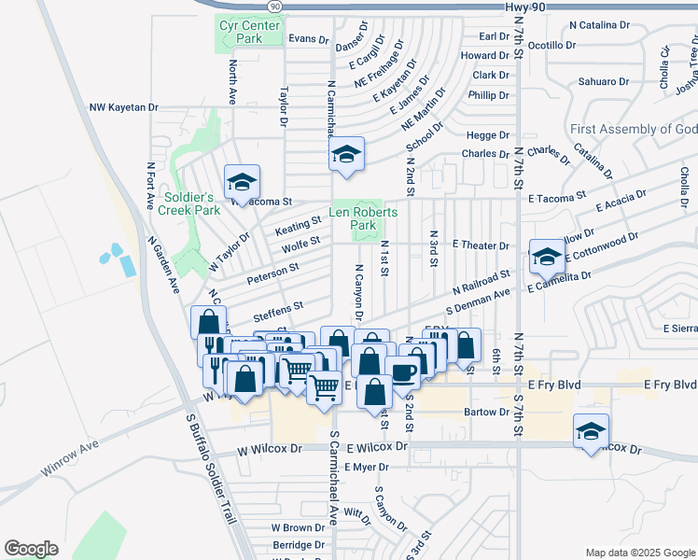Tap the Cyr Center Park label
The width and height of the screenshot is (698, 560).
pyautogui.click(x=249, y=33)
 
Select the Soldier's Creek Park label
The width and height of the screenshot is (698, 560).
pyautogui.click(x=189, y=203)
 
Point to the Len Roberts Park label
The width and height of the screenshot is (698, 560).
pyautogui.click(x=364, y=219)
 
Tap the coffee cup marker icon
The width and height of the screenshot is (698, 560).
pyautogui.click(x=402, y=373)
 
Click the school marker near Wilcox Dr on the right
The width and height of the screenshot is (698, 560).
pyautogui.click(x=590, y=432)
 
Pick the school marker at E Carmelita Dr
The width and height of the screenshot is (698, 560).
pyautogui.click(x=546, y=257)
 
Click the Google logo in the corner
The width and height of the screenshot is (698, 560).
pyautogui.click(x=31, y=548)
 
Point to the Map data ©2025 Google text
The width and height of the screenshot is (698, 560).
pyautogui.click(x=639, y=553)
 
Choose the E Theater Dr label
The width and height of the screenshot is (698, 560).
pyautogui.click(x=480, y=245)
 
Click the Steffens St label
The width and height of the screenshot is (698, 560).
pyautogui.click(x=279, y=305)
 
